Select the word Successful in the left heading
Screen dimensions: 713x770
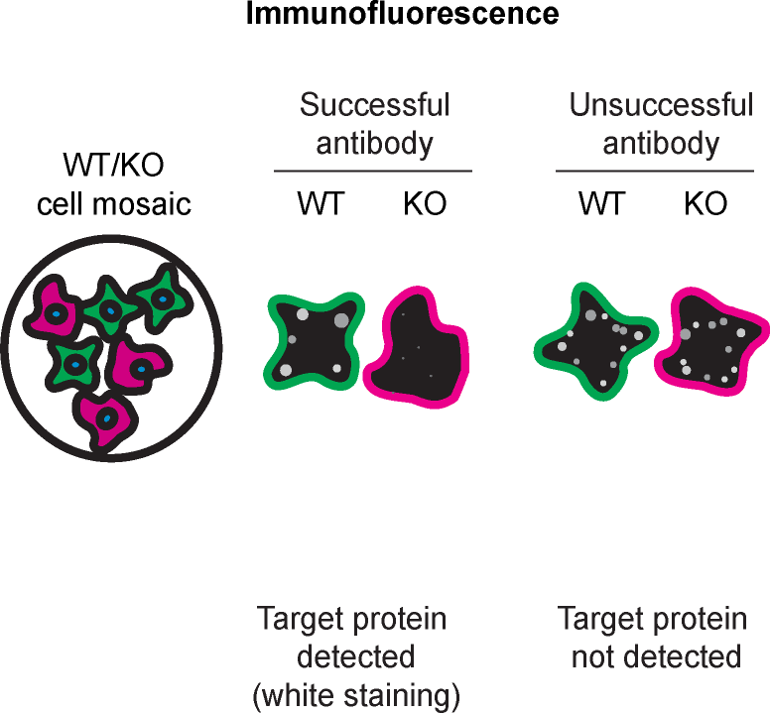pyautogui.click(x=375, y=105)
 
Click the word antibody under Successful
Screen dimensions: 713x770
pyautogui.click(x=375, y=143)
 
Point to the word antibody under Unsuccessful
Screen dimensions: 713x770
pyautogui.click(x=661, y=143)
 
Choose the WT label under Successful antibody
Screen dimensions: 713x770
pyautogui.click(x=320, y=204)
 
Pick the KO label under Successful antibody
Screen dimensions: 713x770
pyautogui.click(x=424, y=204)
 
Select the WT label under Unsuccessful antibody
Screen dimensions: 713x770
pyautogui.click(x=602, y=204)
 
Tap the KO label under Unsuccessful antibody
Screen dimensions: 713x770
pyautogui.click(x=706, y=204)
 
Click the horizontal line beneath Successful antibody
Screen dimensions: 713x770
pyautogui.click(x=373, y=172)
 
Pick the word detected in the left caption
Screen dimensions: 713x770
pyautogui.click(x=354, y=656)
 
